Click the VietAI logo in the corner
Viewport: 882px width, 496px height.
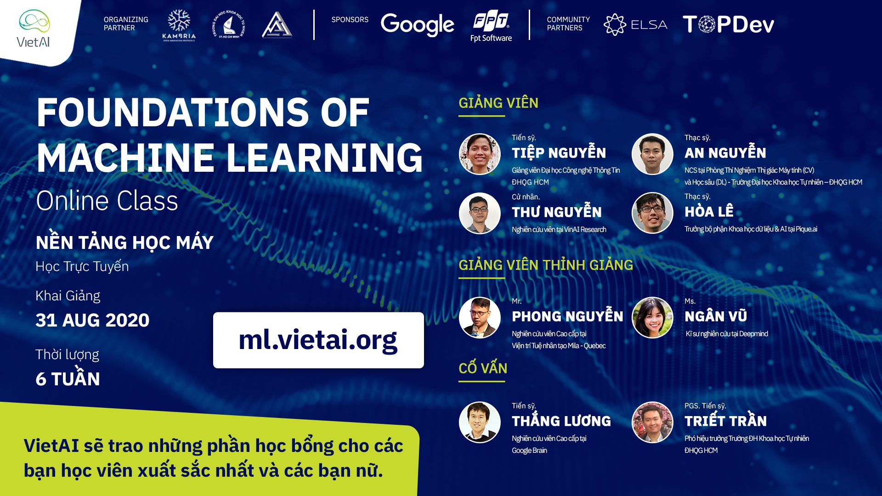click(34, 28)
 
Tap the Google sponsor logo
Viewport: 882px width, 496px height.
click(417, 24)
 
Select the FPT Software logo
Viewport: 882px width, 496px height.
click(491, 27)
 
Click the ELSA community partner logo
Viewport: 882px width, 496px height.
click(635, 24)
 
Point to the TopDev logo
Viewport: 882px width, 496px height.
click(728, 24)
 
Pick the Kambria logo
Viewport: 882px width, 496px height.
click(179, 25)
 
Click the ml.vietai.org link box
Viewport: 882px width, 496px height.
click(318, 340)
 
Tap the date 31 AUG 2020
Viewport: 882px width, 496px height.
click(92, 320)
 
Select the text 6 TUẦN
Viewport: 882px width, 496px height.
click(68, 378)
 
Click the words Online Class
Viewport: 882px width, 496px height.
click(107, 201)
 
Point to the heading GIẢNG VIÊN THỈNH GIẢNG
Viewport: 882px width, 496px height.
click(546, 265)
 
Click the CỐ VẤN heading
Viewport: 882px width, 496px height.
click(483, 368)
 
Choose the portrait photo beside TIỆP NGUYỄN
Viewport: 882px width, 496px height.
click(480, 154)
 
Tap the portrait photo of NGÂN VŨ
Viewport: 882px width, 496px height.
click(652, 317)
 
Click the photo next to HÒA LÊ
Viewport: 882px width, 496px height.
click(652, 213)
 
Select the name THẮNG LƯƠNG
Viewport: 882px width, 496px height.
click(561, 421)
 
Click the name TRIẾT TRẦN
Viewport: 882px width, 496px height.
click(725, 421)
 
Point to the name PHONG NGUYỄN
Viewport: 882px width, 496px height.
click(567, 316)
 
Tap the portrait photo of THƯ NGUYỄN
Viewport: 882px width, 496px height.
click(480, 213)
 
